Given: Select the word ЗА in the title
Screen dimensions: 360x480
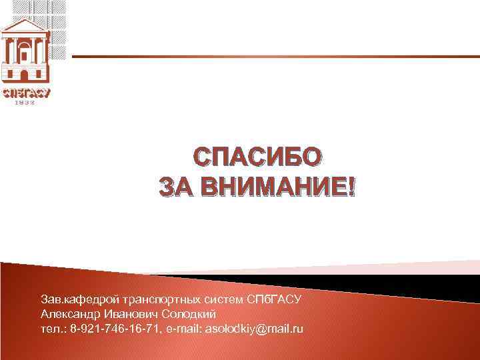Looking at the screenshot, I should [172, 187].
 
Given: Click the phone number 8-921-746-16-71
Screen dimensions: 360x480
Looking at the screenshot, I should [114, 329].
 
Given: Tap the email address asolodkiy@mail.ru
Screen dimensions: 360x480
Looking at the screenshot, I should [254, 329].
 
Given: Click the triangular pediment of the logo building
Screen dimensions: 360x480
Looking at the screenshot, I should [25, 27].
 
